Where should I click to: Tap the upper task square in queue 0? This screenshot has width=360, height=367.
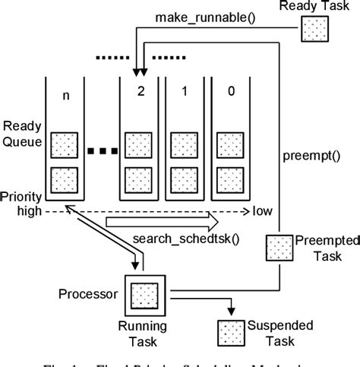(x=229, y=144)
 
